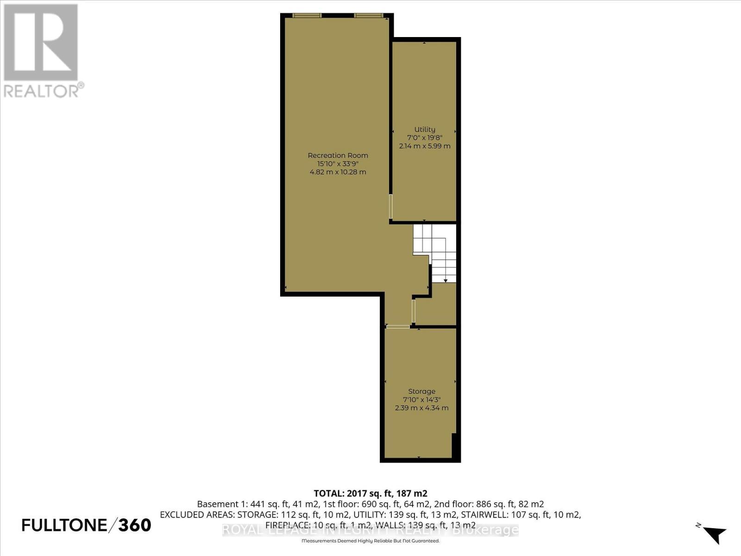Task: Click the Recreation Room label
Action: [338, 155]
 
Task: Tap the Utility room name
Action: [425, 129]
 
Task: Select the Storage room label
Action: [421, 391]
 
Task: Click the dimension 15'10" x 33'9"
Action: [338, 164]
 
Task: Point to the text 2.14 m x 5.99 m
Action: [425, 146]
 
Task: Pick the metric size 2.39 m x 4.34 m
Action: [421, 408]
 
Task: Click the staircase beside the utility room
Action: [435, 253]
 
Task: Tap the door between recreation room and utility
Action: [390, 206]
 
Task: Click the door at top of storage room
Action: [398, 327]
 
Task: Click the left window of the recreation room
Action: [307, 15]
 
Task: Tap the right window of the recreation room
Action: [369, 15]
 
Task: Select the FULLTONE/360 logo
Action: [87, 525]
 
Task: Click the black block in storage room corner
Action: [454, 445]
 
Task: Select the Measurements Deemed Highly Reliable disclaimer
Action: [370, 541]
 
